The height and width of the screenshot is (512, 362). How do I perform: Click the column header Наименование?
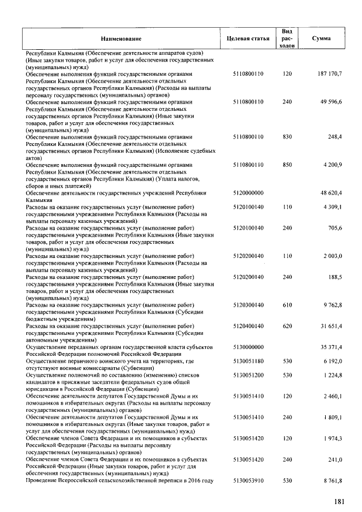click(x=122, y=38)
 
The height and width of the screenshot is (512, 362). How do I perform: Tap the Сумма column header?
click(x=321, y=38)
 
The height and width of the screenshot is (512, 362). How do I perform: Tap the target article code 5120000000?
click(x=248, y=193)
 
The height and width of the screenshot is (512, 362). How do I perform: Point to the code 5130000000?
click(x=248, y=347)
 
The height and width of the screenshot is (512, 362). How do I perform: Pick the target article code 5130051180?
click(x=248, y=361)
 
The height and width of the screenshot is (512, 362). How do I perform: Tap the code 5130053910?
click(x=248, y=480)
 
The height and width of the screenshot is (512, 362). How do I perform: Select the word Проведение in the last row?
click(x=43, y=480)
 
